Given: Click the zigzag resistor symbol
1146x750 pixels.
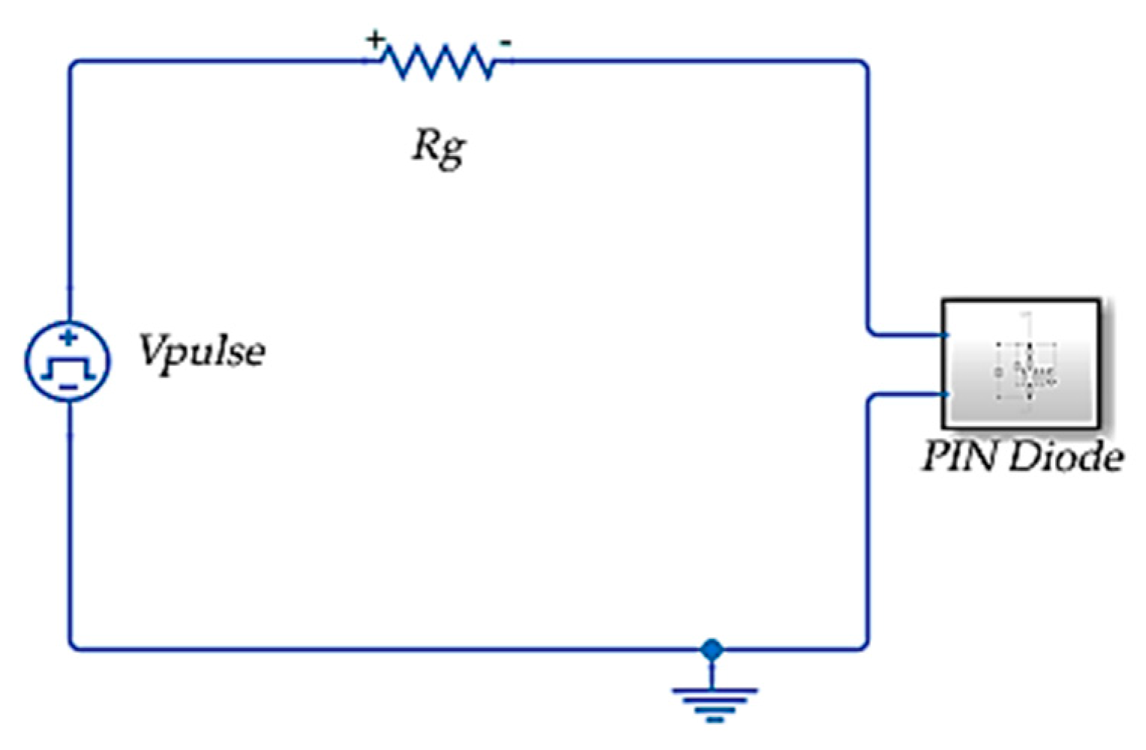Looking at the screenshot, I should click(x=439, y=61).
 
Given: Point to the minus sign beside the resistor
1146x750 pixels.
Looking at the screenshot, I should click(x=506, y=43).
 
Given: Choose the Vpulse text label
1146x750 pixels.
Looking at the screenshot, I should click(x=201, y=350).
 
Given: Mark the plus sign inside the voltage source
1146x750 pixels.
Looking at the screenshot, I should click(x=68, y=338).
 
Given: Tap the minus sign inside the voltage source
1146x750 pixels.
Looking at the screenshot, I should click(x=68, y=387).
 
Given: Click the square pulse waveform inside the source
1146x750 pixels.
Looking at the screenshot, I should click(x=68, y=366).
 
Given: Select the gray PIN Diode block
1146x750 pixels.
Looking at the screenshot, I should click(x=1021, y=363).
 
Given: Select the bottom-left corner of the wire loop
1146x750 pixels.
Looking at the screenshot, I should click(x=72, y=646).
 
